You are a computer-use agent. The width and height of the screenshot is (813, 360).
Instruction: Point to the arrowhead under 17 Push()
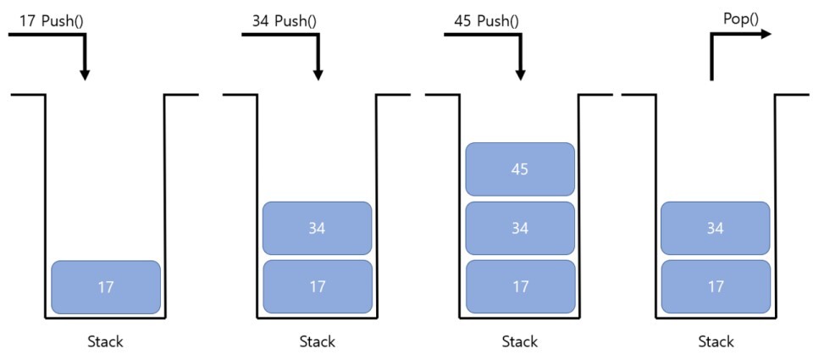tap(84, 75)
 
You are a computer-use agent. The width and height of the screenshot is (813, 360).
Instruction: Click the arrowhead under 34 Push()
tap(318, 75)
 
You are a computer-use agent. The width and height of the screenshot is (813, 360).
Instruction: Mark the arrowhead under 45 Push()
tap(520, 75)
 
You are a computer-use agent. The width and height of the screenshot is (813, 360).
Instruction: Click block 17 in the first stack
tap(106, 287)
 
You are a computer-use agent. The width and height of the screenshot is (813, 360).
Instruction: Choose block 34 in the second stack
tap(318, 228)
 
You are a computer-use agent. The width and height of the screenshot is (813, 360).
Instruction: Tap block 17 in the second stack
tap(318, 287)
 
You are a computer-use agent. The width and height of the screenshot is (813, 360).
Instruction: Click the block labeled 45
tap(520, 169)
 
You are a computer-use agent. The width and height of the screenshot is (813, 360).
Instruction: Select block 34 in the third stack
tap(520, 228)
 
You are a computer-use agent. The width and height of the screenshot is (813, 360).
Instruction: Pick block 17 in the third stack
tap(520, 287)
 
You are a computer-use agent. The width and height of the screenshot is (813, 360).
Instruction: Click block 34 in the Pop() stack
tap(716, 228)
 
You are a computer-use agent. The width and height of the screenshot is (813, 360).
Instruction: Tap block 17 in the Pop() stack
tap(716, 287)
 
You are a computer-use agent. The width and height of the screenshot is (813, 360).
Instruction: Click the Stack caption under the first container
tap(105, 342)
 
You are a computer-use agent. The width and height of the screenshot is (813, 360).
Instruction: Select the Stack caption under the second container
tap(317, 342)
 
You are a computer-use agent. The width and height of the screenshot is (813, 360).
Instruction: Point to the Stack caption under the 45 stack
tap(520, 342)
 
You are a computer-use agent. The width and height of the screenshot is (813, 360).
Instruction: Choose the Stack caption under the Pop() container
tap(716, 342)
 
